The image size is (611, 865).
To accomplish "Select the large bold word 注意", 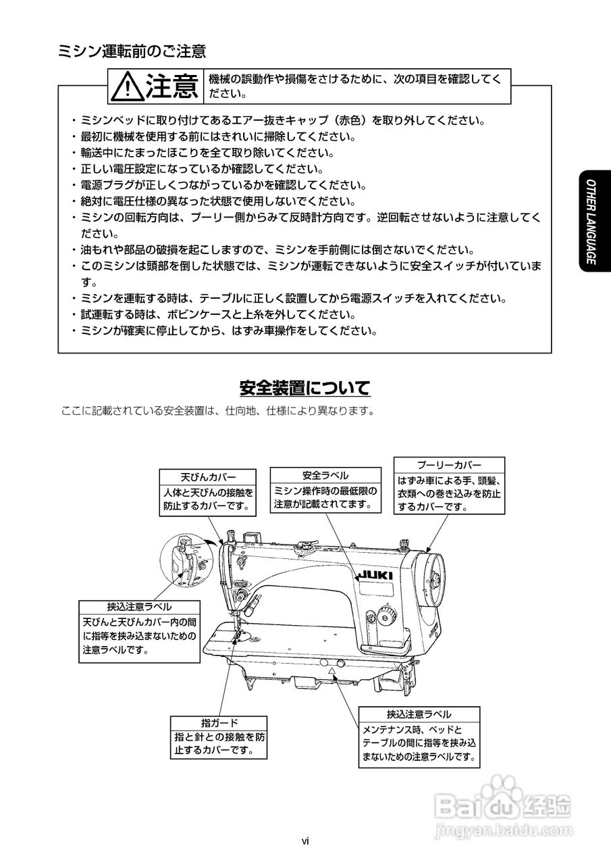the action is [171, 87].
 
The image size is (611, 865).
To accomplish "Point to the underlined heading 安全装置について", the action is [305, 389].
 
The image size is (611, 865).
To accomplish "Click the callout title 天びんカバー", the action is [208, 476].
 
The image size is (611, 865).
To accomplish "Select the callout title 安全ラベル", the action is [325, 476].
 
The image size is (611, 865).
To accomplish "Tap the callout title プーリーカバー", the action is [449, 466].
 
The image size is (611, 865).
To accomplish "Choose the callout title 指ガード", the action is [219, 722].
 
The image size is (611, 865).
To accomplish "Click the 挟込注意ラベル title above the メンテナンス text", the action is [419, 714].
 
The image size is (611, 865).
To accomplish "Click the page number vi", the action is [305, 841].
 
